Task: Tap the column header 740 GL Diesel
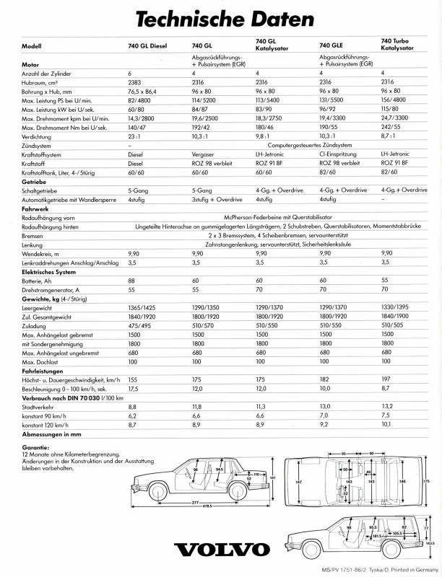pos(148,46)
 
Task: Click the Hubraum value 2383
pos(135,82)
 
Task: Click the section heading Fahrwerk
pos(35,208)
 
